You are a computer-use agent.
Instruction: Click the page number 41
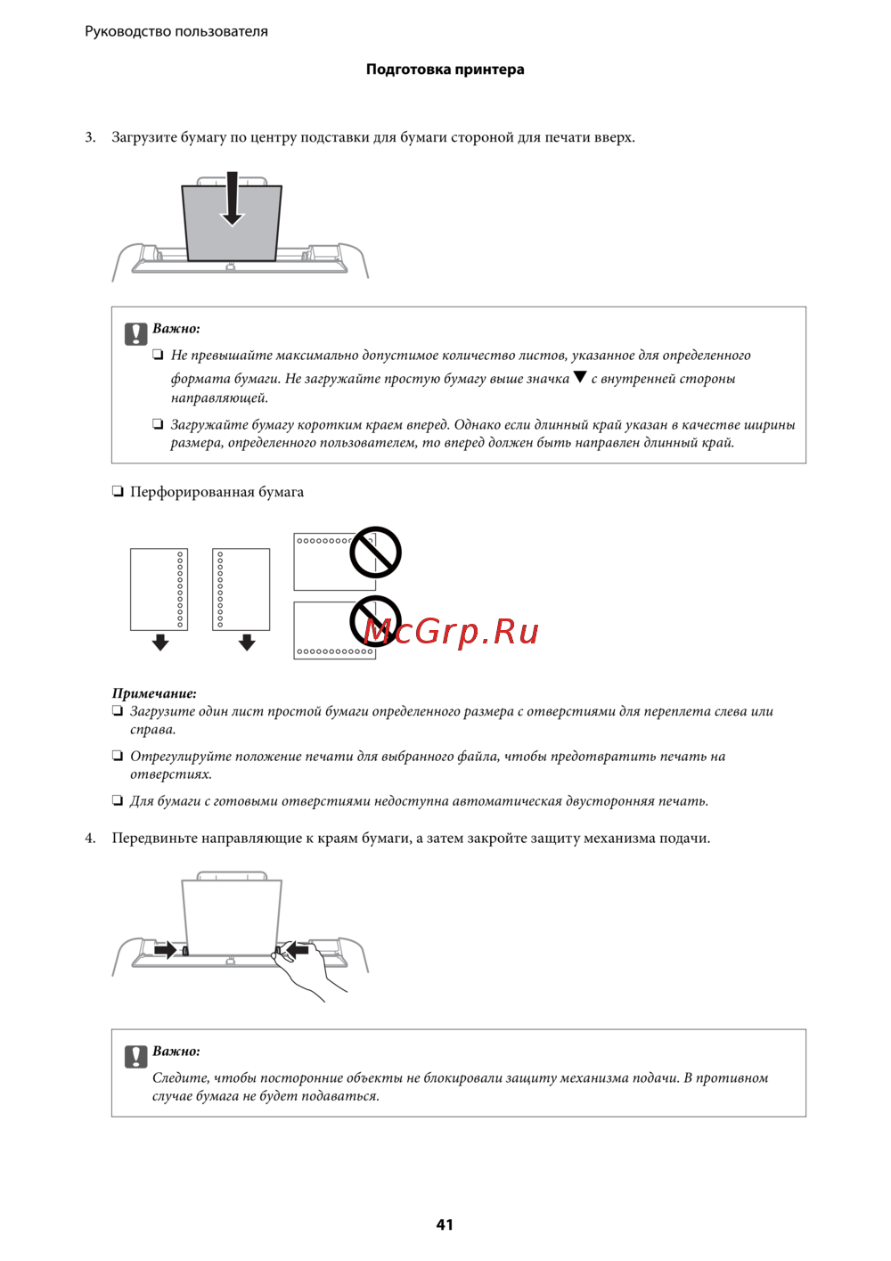[445, 1224]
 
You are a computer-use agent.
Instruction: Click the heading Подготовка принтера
[445, 70]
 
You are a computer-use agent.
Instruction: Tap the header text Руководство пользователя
[176, 31]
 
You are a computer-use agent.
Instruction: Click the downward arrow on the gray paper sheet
[232, 199]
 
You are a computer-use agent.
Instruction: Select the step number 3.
[90, 137]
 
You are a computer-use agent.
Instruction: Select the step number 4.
[90, 838]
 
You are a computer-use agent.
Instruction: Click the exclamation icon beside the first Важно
[135, 333]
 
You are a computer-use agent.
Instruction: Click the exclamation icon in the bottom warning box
[135, 1056]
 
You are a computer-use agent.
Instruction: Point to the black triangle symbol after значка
[580, 377]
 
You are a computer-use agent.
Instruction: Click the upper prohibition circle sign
[375, 553]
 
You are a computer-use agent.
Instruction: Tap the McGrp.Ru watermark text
[452, 631]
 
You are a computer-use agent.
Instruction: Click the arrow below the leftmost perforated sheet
[160, 643]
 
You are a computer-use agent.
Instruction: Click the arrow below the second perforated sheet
[247, 643]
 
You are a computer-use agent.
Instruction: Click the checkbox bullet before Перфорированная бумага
[118, 491]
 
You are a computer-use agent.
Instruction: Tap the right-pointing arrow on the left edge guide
[165, 950]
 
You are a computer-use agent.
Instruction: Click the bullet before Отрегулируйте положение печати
[118, 756]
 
